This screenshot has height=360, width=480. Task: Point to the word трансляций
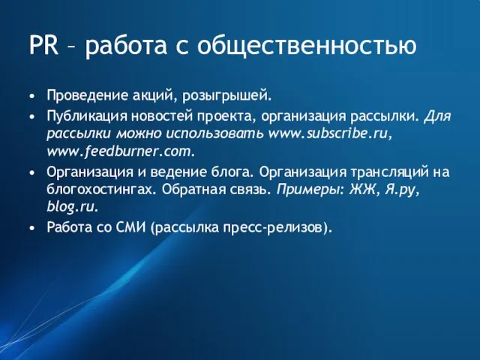pyautogui.click(x=390, y=172)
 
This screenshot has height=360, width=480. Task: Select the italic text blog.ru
pyautogui.click(x=72, y=206)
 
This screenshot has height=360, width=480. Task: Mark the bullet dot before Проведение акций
pyautogui.click(x=32, y=97)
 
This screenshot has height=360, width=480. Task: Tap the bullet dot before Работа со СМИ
pyautogui.click(x=32, y=226)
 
